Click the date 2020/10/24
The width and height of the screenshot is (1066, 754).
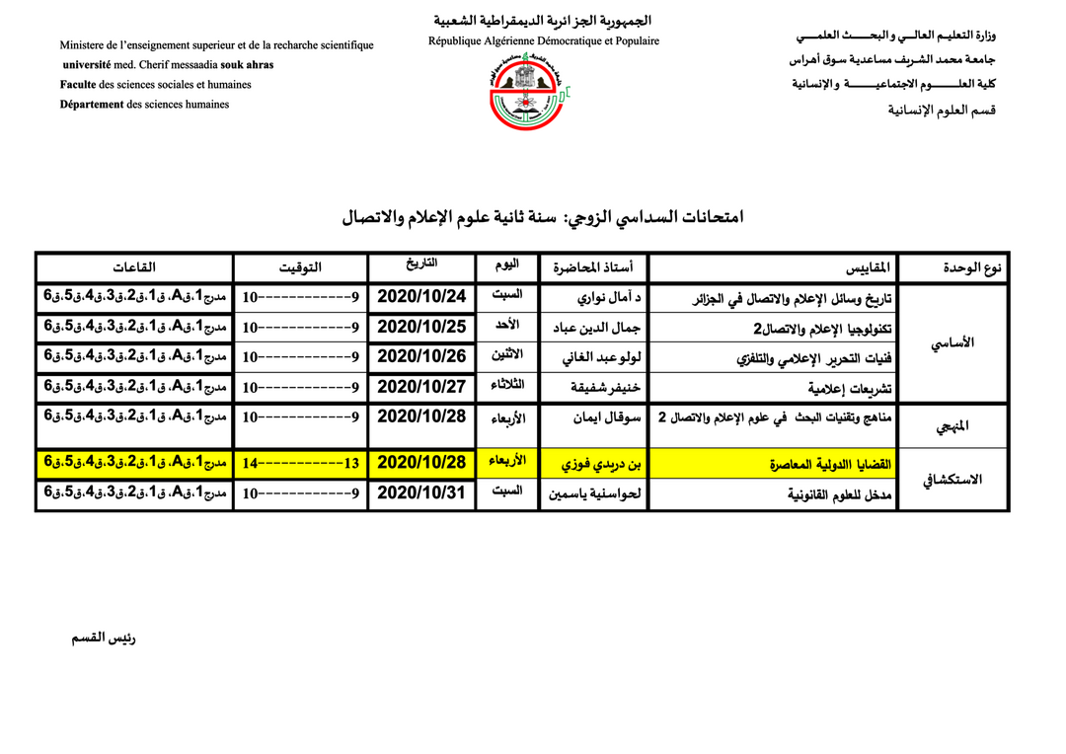pyautogui.click(x=420, y=296)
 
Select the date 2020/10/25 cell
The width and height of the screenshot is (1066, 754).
pyautogui.click(x=420, y=326)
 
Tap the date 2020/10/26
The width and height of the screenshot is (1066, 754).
pyautogui.click(x=420, y=355)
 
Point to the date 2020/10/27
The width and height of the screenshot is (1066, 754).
pyautogui.click(x=420, y=386)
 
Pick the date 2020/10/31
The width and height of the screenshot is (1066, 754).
pyautogui.click(x=420, y=491)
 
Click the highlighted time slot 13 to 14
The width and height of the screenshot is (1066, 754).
pyautogui.click(x=300, y=462)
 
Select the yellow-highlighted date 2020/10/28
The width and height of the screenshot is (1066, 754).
pyautogui.click(x=420, y=462)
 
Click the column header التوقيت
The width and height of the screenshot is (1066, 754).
pyautogui.click(x=300, y=267)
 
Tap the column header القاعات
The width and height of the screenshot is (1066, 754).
pyautogui.click(x=134, y=267)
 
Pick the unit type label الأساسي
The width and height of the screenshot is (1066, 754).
pyautogui.click(x=953, y=342)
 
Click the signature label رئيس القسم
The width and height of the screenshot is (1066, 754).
pyautogui.click(x=104, y=638)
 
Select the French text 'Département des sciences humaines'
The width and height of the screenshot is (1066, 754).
pyautogui.click(x=144, y=105)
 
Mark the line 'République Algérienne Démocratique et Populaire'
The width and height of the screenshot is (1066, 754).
pyautogui.click(x=544, y=41)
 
